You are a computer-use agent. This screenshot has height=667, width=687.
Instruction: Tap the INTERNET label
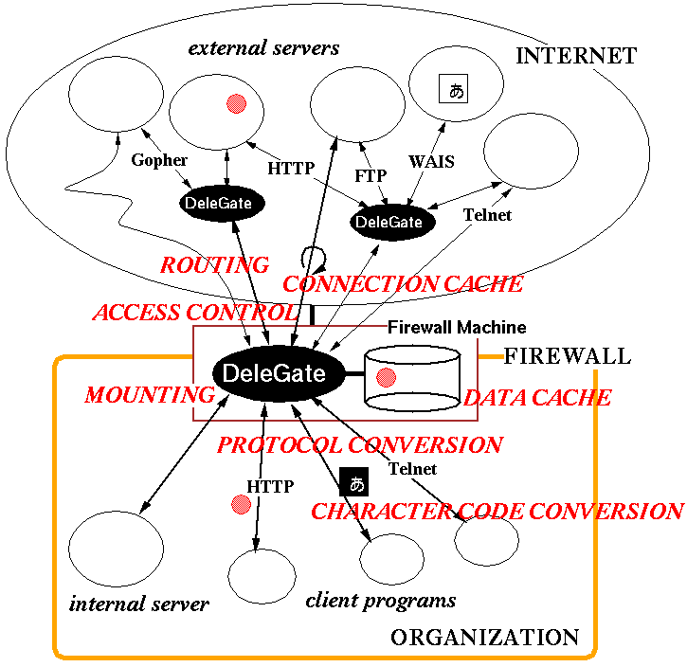pos(575,57)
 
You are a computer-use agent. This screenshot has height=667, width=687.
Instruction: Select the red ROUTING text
pos(214,265)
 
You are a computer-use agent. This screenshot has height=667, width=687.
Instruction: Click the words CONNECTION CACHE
pos(403,284)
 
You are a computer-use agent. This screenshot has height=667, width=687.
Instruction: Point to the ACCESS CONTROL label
pos(194,313)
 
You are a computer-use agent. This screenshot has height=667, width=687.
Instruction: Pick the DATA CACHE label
pos(537,397)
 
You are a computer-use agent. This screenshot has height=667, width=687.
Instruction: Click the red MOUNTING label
pos(150,395)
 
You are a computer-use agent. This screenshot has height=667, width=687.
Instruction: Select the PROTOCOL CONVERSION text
pos(360,444)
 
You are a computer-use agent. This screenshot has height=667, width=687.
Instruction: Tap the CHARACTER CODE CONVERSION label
pos(497,512)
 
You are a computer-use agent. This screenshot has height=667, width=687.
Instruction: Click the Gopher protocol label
pos(159,161)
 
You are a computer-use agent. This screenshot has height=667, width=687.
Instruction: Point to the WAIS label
pos(431,161)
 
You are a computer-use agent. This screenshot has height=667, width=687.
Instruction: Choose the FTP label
pos(370,177)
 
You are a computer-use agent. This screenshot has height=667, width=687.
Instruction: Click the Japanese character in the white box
pos(456,91)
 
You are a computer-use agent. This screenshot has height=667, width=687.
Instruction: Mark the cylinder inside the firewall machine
pos(412,377)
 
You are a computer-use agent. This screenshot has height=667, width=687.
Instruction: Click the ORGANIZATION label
pos(484,638)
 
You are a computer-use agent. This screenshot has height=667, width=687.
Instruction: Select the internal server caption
pos(139,604)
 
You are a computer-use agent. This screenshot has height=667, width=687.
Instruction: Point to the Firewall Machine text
pos(457,328)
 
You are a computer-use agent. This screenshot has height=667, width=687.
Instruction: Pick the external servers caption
pos(263,47)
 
